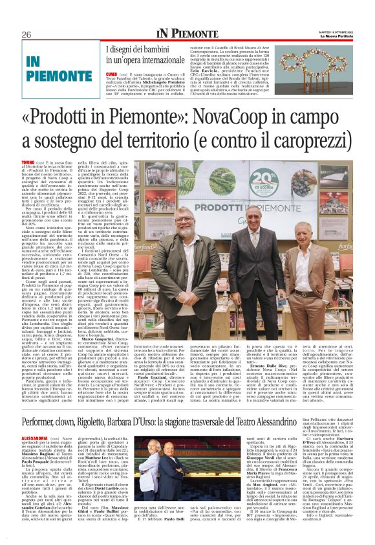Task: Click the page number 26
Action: [x=27, y=34]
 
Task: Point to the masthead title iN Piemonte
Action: [x=187, y=34]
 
